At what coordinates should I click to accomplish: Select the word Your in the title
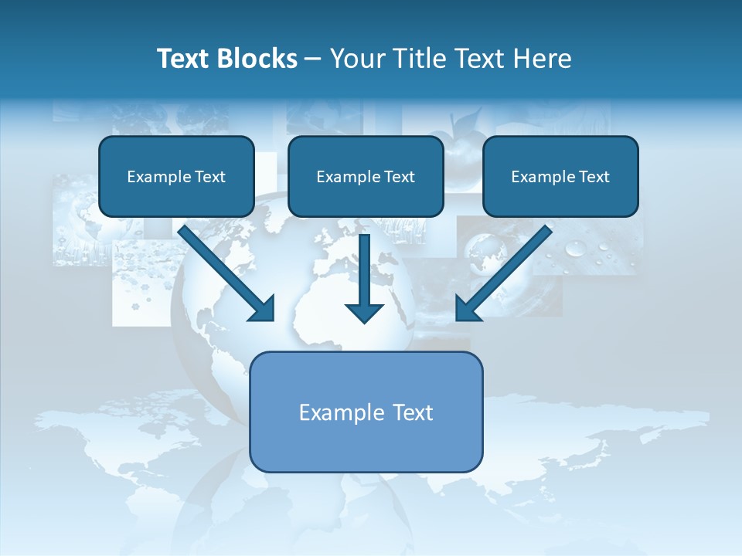click(x=357, y=59)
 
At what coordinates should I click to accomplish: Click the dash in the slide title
click(x=313, y=59)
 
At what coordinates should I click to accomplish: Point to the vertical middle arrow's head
click(x=364, y=313)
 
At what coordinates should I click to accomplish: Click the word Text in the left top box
click(x=210, y=177)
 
